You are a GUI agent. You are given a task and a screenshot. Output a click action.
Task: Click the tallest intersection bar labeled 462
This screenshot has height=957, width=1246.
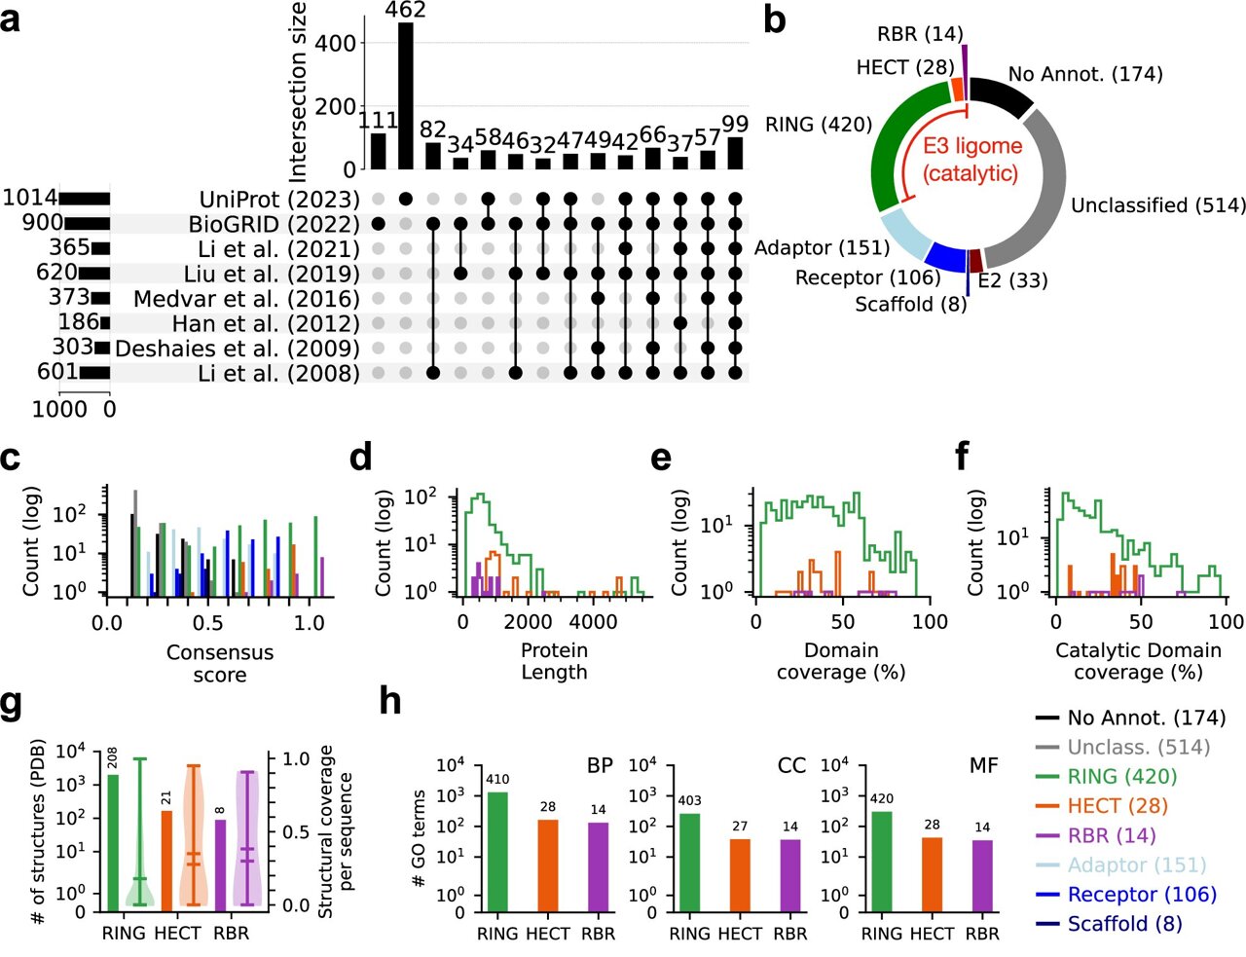tap(406, 95)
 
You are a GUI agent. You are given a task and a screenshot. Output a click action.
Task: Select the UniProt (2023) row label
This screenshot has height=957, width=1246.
tap(279, 200)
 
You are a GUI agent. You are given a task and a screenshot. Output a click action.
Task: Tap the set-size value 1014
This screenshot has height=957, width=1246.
tap(29, 199)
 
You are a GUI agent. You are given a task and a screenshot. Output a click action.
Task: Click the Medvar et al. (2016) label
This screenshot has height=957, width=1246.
tap(246, 299)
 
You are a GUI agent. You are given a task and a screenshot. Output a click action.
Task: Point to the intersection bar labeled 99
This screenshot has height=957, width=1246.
tap(735, 153)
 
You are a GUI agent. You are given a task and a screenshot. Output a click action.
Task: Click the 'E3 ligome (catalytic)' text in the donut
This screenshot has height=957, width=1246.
tap(971, 160)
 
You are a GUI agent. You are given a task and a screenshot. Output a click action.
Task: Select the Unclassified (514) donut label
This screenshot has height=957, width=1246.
tap(1157, 205)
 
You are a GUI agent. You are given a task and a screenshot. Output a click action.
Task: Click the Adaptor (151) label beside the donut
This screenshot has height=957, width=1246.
tap(822, 248)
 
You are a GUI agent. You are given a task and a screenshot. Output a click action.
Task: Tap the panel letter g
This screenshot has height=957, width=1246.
tap(11, 704)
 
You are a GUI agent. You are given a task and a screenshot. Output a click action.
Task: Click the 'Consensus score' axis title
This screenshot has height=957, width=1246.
tap(220, 663)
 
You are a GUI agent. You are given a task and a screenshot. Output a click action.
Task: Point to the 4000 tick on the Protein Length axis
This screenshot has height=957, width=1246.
tap(593, 622)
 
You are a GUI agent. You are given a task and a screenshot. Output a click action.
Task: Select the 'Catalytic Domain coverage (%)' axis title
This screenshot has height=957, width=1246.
tap(1138, 661)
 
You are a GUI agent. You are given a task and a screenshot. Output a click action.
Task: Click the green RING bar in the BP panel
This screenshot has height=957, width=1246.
tap(497, 852)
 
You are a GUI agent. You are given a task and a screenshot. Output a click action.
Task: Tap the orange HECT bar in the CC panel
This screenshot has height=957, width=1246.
tap(740, 875)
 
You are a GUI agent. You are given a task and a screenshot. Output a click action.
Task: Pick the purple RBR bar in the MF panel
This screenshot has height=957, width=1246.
tap(983, 876)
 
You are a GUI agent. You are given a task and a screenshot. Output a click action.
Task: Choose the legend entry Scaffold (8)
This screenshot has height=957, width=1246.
tap(1124, 923)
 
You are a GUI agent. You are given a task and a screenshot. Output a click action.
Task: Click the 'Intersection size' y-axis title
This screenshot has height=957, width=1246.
tap(297, 92)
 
